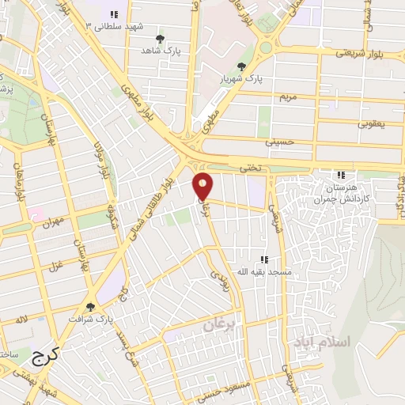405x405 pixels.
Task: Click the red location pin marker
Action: pos(203,186)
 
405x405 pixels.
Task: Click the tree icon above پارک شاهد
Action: pos(160,39)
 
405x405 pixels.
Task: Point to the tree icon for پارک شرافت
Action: pos(89,307)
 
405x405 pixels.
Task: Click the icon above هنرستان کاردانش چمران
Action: pos(341,175)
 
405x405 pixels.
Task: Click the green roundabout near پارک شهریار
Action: pos(266,47)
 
